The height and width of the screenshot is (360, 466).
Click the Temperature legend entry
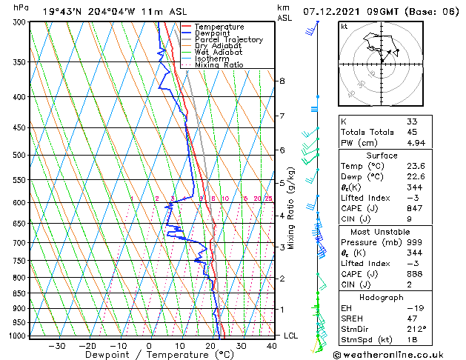tap(219, 27)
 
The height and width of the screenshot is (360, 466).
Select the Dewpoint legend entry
tap(214, 33)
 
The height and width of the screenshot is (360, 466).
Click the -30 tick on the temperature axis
tap(56, 346)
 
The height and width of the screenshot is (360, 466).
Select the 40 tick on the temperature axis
tap(272, 346)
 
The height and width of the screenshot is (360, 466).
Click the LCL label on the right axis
tap(292, 336)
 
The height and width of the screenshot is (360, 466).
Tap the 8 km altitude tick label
tap(282, 80)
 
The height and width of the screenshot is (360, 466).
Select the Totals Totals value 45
tap(412, 132)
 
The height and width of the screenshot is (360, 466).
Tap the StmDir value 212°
tap(416, 329)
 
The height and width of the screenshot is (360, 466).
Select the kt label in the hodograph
tap(344, 27)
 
